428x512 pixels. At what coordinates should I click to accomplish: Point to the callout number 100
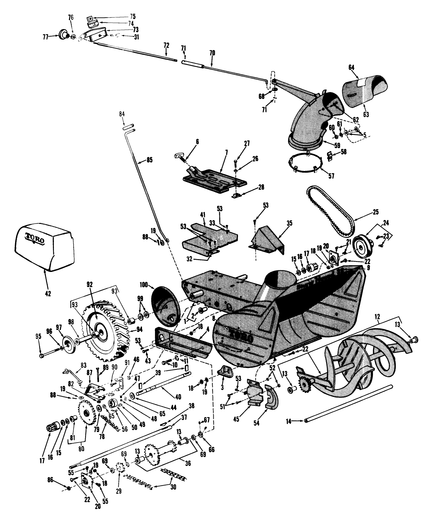pos(144,283)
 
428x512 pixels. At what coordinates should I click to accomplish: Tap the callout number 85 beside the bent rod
pos(141,161)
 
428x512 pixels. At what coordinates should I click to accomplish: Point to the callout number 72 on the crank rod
pos(166,44)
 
